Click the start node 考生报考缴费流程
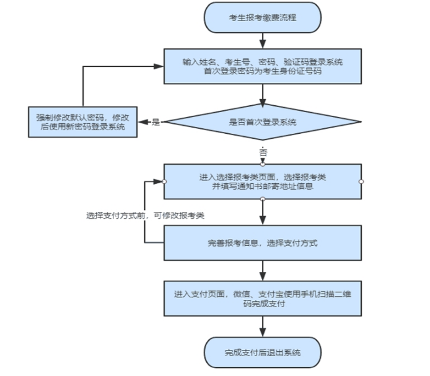coord(262,17)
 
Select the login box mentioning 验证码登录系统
coord(262,66)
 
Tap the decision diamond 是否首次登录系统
coord(262,122)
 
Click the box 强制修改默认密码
coord(83,122)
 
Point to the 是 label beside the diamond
coord(156,123)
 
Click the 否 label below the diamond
coord(263,152)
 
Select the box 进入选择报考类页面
coord(262,181)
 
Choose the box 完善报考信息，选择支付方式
coord(262,243)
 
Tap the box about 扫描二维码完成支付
coord(262,299)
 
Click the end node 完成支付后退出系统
coord(262,352)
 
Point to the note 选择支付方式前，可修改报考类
coord(146,216)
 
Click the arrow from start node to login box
coord(263,40)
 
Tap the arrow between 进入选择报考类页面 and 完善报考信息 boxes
coord(263,212)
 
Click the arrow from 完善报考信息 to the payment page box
coord(263,271)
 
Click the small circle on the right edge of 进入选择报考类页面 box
coord(361,181)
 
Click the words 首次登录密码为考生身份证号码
coord(263,72)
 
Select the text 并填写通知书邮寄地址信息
coord(263,186)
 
